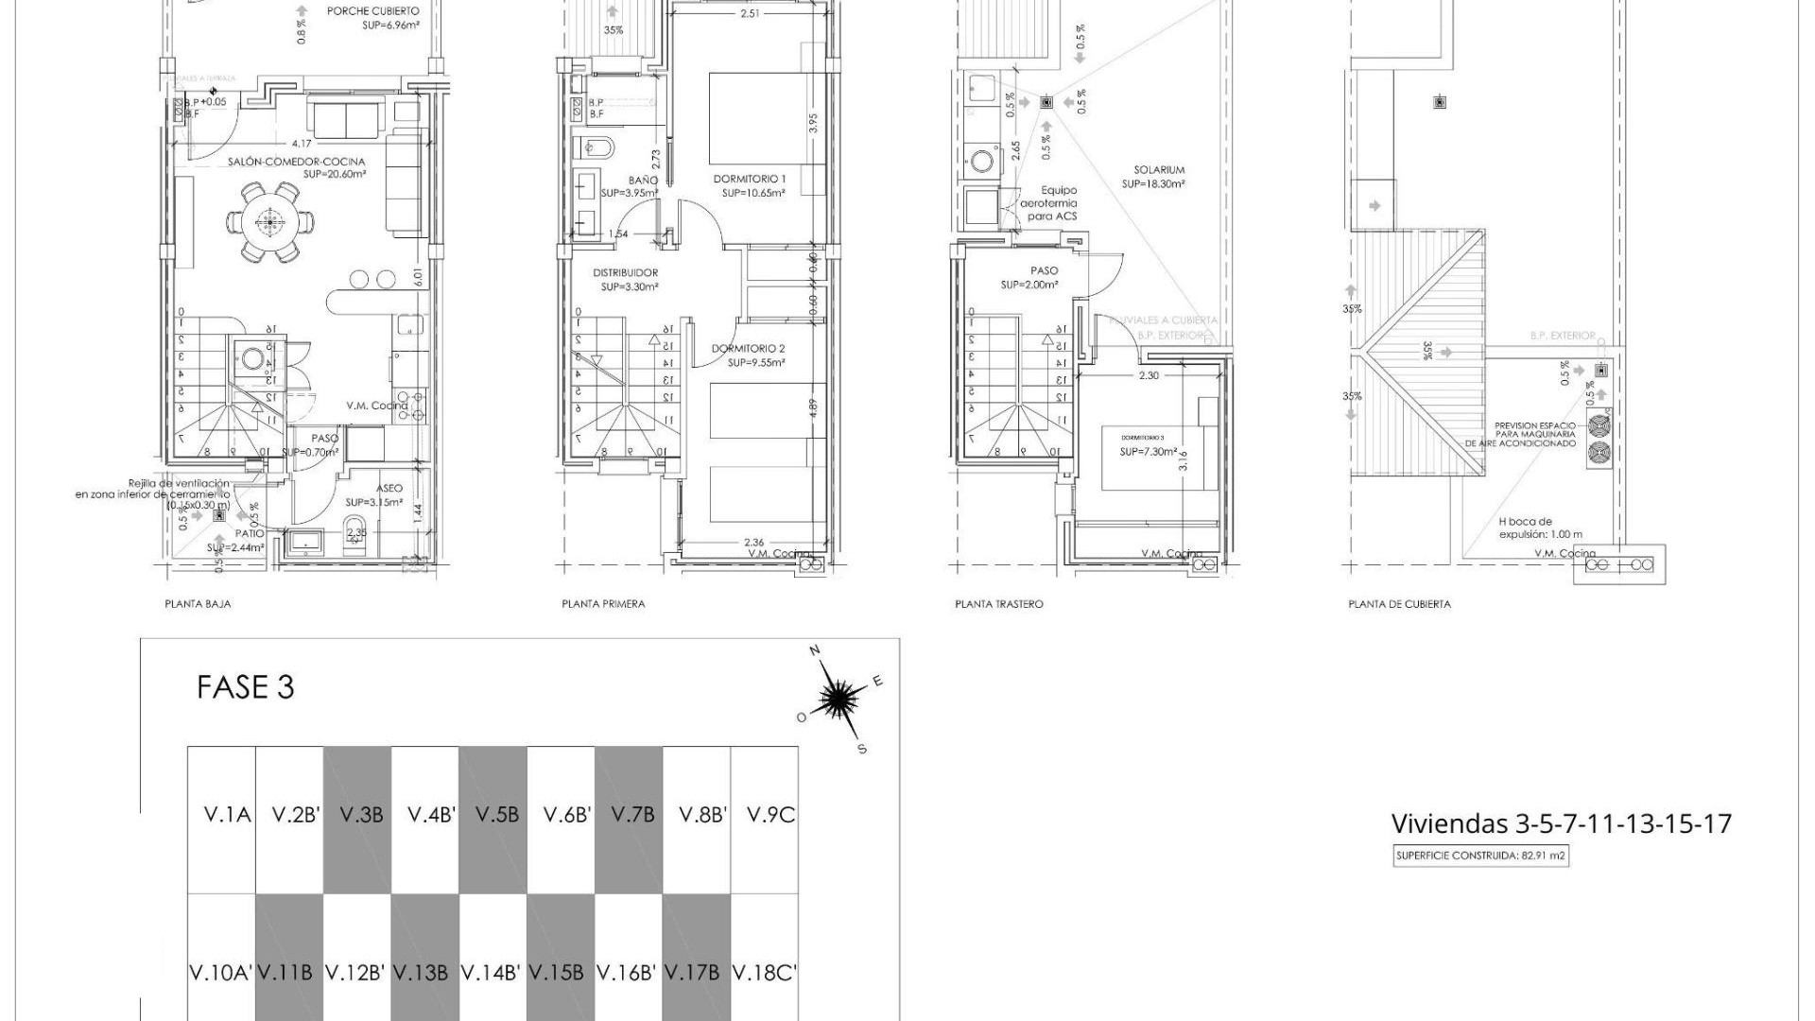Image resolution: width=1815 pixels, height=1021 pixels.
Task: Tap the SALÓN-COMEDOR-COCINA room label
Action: pyautogui.click(x=296, y=163)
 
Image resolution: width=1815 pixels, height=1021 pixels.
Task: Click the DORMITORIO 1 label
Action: pyautogui.click(x=749, y=179)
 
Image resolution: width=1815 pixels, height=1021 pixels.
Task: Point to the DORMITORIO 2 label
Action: pyautogui.click(x=748, y=349)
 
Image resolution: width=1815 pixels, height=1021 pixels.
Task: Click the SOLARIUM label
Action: pyautogui.click(x=1159, y=171)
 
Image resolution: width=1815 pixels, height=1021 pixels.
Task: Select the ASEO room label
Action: pyautogui.click(x=389, y=489)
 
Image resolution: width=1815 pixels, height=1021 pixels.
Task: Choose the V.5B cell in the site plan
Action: pyautogui.click(x=493, y=814)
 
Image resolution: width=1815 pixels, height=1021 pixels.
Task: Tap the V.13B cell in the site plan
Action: pyautogui.click(x=424, y=972)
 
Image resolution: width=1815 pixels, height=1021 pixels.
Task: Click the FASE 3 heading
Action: pyautogui.click(x=245, y=687)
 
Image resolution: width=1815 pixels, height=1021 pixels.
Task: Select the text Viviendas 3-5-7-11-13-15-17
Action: pyautogui.click(x=1561, y=823)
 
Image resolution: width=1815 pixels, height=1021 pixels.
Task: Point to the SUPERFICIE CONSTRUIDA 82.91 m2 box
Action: pyautogui.click(x=1480, y=857)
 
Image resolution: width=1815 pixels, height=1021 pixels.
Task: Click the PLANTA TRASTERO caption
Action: pyautogui.click(x=998, y=604)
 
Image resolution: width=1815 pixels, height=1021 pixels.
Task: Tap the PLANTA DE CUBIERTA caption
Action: pyautogui.click(x=1398, y=604)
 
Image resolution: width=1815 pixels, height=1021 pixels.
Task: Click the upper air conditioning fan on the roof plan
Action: pyautogui.click(x=1599, y=424)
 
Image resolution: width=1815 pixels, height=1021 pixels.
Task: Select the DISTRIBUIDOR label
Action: pyautogui.click(x=625, y=273)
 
